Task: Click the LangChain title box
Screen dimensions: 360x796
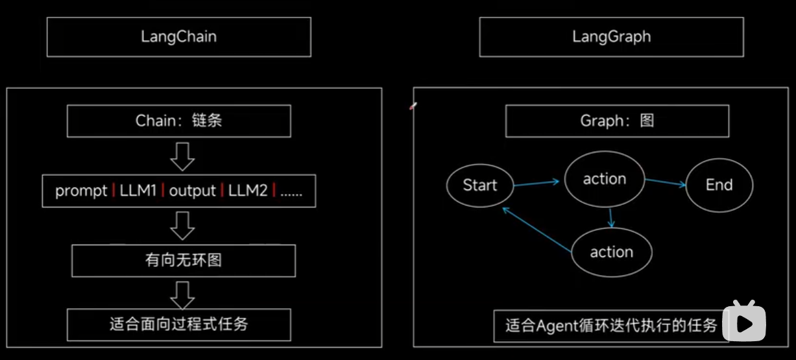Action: (178, 36)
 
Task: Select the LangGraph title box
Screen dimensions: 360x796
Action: (611, 36)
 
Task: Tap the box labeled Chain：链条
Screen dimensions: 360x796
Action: (178, 121)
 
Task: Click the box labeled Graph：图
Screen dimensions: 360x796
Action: (617, 121)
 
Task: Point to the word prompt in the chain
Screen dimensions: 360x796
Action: (81, 191)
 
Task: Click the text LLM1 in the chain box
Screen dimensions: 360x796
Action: (138, 191)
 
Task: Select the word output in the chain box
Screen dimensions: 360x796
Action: (192, 191)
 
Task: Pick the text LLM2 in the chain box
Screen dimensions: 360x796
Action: (247, 191)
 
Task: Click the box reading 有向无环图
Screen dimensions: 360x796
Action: (184, 261)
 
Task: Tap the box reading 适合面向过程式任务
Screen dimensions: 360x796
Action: (178, 324)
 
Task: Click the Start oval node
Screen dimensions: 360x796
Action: (480, 186)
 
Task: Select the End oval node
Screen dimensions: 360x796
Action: (719, 186)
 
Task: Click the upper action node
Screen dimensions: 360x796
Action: (605, 179)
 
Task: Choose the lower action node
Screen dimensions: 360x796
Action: (611, 252)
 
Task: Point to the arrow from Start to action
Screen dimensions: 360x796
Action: (536, 184)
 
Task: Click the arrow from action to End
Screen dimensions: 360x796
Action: (665, 183)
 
